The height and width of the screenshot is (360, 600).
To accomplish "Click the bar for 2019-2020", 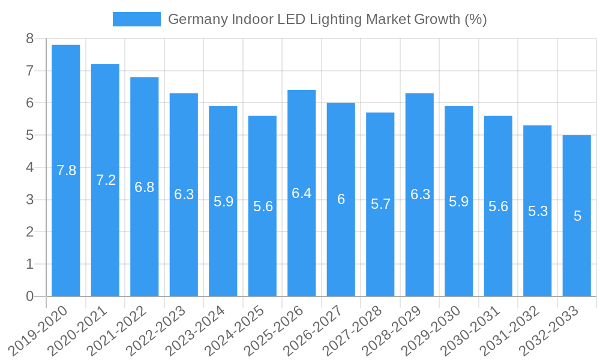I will pyautogui.click(x=66, y=170).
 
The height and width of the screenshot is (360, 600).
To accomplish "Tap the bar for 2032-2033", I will pyautogui.click(x=577, y=216).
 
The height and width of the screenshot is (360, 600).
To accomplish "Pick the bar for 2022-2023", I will pyautogui.click(x=184, y=194).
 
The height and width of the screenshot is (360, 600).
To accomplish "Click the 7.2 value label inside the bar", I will pyautogui.click(x=106, y=180).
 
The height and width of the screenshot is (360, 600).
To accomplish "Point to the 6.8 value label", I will pyautogui.click(x=145, y=187).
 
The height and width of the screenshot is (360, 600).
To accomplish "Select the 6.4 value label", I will pyautogui.click(x=302, y=193).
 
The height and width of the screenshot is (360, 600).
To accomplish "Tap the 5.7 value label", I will pyautogui.click(x=380, y=204).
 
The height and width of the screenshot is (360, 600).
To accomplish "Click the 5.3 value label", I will pyautogui.click(x=538, y=211).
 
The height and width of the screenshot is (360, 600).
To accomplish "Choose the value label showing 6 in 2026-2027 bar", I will pyautogui.click(x=341, y=200).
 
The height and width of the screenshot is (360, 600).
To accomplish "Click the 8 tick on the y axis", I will pyautogui.click(x=29, y=39).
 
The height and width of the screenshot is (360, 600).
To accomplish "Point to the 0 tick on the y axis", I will pyautogui.click(x=29, y=296).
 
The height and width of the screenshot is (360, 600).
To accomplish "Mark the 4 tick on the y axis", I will pyautogui.click(x=29, y=167).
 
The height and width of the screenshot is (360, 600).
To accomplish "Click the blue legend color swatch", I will pyautogui.click(x=137, y=19).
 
